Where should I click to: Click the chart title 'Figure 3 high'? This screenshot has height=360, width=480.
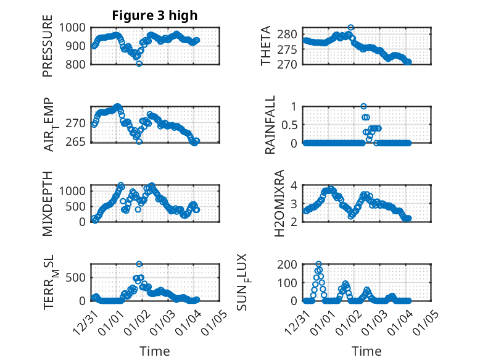tap(155, 15)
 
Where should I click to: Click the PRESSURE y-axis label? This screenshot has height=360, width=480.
tap(48, 51)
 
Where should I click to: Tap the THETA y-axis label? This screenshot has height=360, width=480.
tap(267, 46)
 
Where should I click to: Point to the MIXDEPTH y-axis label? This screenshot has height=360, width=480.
tap(48, 203)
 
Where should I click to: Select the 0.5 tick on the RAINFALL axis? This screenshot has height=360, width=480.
tap(290, 125)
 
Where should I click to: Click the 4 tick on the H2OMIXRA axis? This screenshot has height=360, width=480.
tap(296, 185)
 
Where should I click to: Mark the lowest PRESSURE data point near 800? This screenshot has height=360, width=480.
tap(139, 64)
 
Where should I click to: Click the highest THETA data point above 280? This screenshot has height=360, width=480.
tap(351, 27)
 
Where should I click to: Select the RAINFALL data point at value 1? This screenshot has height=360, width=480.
tap(363, 106)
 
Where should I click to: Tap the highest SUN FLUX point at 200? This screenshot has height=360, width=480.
tap(319, 264)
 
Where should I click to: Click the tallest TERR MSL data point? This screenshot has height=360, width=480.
tap(139, 264)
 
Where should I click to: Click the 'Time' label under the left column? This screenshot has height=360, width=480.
tap(155, 351)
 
